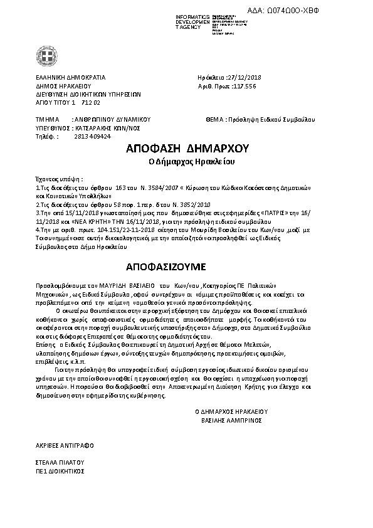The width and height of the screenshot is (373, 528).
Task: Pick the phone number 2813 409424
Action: [93, 135]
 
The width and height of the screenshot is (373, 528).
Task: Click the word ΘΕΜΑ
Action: [215, 119]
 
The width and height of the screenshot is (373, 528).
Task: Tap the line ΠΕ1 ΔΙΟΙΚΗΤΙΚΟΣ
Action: [60, 470]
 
